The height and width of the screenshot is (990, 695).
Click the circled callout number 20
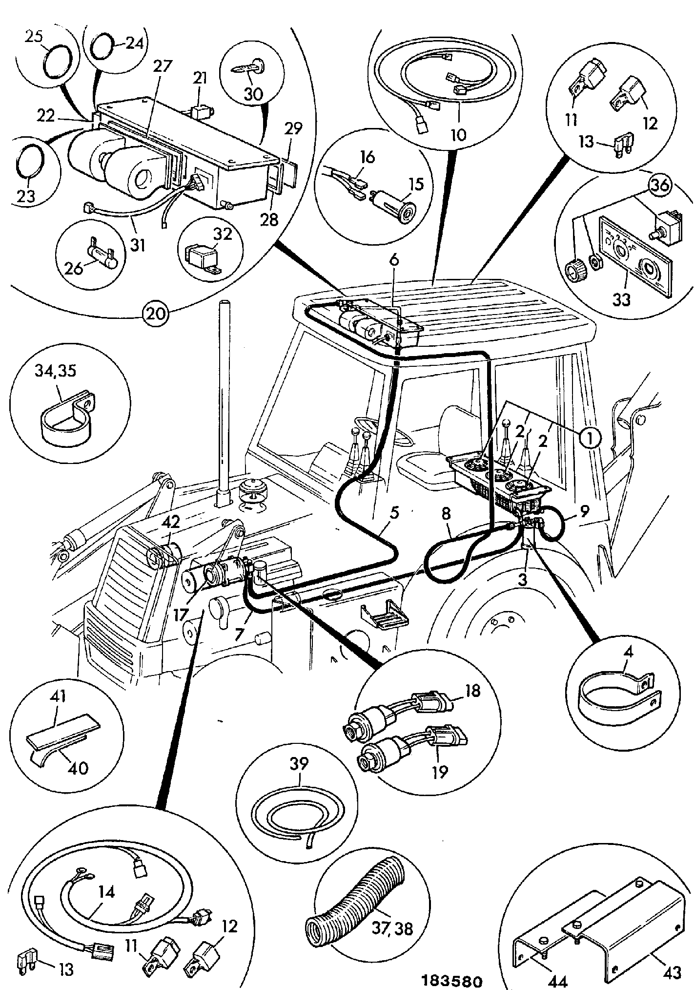156,312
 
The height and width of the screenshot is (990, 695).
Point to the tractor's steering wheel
386,434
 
